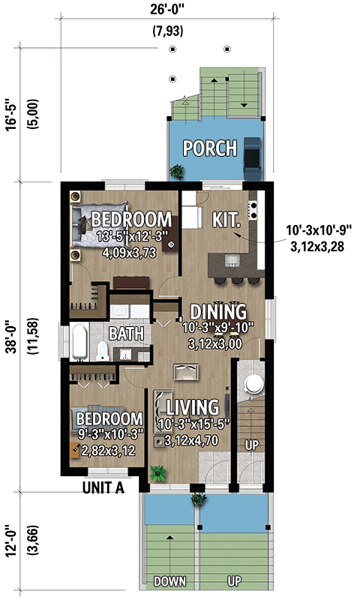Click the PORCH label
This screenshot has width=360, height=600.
210,148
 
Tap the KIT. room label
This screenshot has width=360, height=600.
226,220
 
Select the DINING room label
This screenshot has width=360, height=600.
218,312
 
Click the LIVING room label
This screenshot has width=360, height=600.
193,407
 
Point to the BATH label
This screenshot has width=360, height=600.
126,334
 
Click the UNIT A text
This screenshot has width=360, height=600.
103,488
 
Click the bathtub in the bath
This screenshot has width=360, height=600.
79,342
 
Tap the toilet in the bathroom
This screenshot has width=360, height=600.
103,351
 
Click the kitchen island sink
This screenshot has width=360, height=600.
232,260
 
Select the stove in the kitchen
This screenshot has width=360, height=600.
253,211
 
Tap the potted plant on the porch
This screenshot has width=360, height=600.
176,172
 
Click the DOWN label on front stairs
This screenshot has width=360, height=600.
169,582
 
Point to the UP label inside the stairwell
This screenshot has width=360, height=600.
252,445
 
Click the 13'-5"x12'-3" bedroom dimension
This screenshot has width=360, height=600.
130,236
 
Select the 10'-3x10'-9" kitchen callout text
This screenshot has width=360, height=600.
319,231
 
